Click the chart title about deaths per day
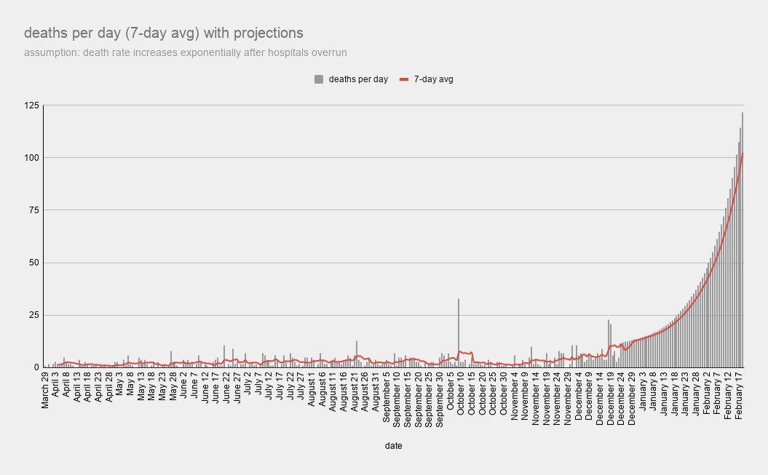[164, 33]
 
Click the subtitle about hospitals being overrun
[185, 52]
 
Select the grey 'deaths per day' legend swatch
[318, 79]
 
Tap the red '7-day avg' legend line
[405, 79]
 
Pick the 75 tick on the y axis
[31, 210]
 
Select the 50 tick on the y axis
[31, 263]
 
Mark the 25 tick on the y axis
[31, 315]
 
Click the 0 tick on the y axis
[33, 367]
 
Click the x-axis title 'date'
[394, 445]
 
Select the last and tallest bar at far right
[743, 240]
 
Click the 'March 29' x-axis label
[45, 393]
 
